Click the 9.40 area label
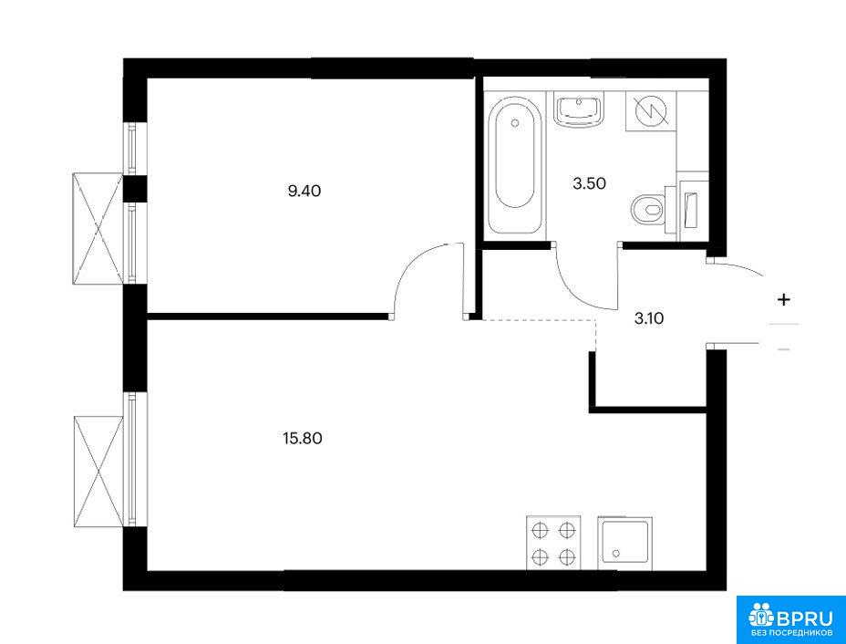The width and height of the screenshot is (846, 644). pos(304,191)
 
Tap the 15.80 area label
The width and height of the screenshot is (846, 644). pos(302,439)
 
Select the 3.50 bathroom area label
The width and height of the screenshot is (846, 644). pos(589,183)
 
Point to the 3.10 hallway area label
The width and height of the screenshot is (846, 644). pos(648,318)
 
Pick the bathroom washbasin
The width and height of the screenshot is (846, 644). pos(580,109)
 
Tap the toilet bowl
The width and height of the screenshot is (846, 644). pos(646,209)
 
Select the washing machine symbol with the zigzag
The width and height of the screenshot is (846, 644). pos(651,111)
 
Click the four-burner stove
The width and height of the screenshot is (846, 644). pos(553,542)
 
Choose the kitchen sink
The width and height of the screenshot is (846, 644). pos(625,543)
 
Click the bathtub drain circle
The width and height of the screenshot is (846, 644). pos(514,122)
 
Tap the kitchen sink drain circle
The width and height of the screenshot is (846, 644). pos(615,554)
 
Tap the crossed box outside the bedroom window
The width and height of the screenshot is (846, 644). pos(98,228)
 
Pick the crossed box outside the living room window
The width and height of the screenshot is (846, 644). pos(98,471)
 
